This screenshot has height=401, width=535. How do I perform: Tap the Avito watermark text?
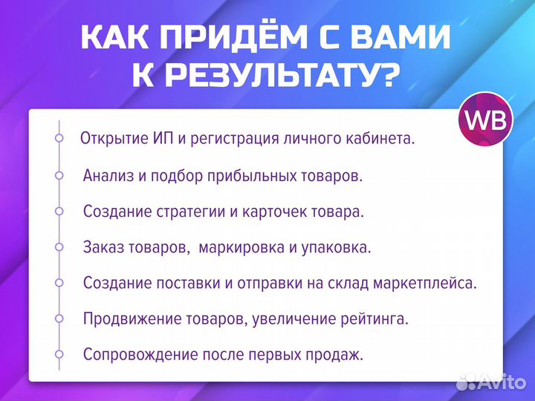click(x=499, y=382)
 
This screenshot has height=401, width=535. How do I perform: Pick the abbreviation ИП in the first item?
click(x=154, y=139)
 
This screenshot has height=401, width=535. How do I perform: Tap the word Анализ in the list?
click(x=106, y=176)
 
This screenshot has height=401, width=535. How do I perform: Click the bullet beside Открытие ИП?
click(x=59, y=138)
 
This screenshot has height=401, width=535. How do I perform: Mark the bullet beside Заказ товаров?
click(x=59, y=247)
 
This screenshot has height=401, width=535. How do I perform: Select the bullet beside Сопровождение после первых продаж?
click(x=59, y=353)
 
